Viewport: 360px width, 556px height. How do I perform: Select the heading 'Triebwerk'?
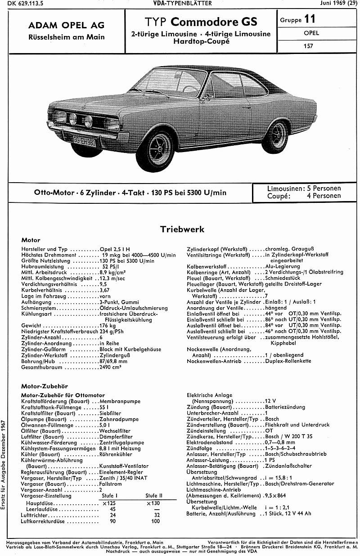pos(182,229)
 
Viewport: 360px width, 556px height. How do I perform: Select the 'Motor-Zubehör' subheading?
pos(43,386)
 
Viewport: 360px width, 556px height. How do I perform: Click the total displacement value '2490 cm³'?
pos(111,367)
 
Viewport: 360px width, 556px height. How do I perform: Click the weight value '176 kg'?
pos(108,325)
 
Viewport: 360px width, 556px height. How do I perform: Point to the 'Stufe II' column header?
pos(154,495)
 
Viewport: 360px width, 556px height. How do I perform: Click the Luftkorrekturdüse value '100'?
pos(156,521)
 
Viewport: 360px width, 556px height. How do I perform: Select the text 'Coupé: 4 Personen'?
pos(304,196)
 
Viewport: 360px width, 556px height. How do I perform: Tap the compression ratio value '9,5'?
pos(103,284)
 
